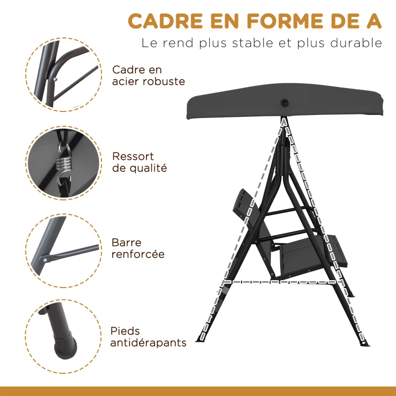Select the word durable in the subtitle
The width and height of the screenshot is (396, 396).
[354, 43]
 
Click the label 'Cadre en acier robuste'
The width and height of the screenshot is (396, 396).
[141, 76]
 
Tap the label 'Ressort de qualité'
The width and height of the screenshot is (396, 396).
[139, 162]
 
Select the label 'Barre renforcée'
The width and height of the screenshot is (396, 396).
[138, 248]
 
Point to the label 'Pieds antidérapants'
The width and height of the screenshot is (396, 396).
[148, 337]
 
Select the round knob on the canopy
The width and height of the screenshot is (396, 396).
[285, 103]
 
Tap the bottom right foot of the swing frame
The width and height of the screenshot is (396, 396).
[365, 342]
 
